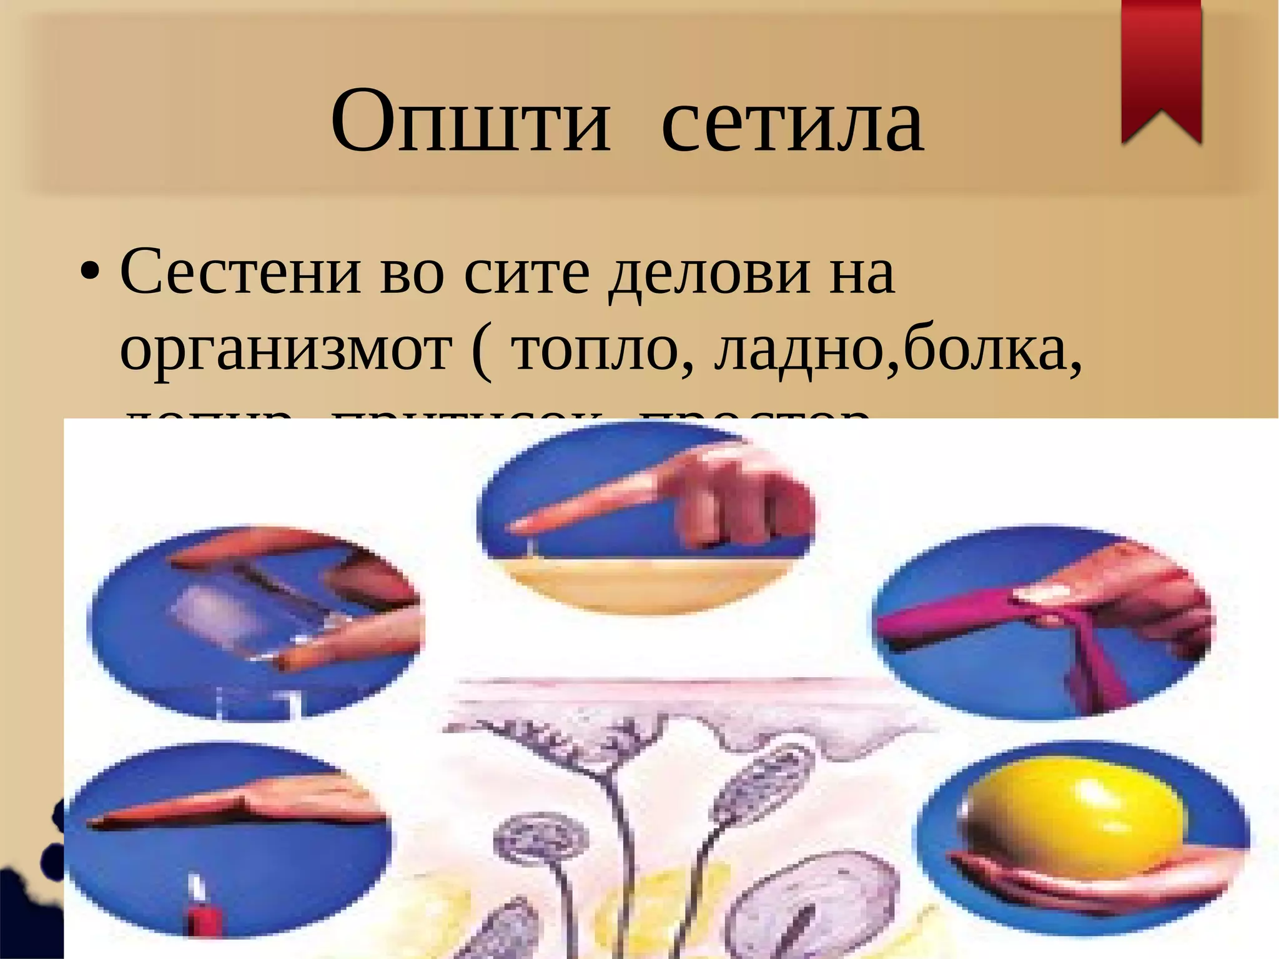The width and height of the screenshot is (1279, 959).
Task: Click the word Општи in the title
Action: click(470, 122)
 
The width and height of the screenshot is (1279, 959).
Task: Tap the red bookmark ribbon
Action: click(1161, 69)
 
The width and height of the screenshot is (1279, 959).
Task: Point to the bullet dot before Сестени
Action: click(90, 274)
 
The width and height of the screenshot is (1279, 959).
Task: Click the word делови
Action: click(710, 274)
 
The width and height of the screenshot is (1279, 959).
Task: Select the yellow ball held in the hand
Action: click(1073, 815)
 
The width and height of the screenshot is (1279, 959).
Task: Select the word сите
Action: click(526, 274)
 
